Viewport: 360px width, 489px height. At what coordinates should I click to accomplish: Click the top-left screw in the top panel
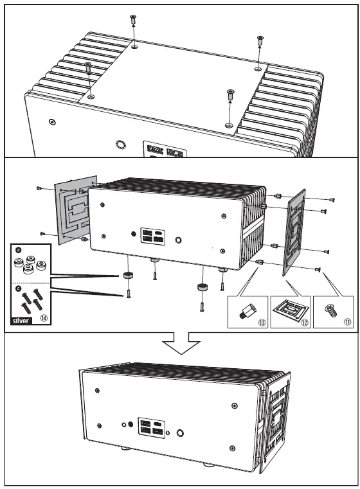(132, 20)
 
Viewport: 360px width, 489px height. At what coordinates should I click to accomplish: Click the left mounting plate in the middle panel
(75, 209)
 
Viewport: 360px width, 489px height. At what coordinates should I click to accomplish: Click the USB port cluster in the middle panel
(153, 235)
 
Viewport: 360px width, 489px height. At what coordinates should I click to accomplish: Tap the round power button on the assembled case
(180, 434)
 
